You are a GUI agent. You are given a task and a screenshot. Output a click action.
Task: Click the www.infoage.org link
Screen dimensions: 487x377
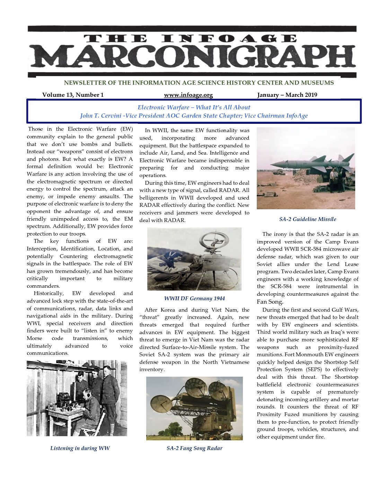(188, 95)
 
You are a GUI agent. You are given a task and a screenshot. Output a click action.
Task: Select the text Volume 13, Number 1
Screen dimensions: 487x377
(73, 95)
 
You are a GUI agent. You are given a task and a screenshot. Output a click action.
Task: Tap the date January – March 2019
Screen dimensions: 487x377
(287, 95)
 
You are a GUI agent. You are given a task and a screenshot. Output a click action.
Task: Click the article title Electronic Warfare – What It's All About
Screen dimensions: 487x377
(194, 107)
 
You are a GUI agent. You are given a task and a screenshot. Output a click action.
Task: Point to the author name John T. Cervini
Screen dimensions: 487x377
(100, 116)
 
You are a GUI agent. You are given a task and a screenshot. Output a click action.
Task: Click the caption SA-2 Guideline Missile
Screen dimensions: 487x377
(307, 219)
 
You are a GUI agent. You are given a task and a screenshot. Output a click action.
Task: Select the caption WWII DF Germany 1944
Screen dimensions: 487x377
(194, 298)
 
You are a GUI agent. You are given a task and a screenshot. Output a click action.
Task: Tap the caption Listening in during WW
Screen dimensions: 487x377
(80, 448)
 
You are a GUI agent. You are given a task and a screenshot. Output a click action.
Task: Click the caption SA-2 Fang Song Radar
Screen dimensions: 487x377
(194, 448)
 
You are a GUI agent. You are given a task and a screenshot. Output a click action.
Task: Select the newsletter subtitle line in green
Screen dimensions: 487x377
(199, 83)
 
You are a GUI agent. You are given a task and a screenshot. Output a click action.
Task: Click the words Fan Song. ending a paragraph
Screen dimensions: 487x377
(270, 302)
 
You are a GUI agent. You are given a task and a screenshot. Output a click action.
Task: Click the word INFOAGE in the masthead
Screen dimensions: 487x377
(229, 38)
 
